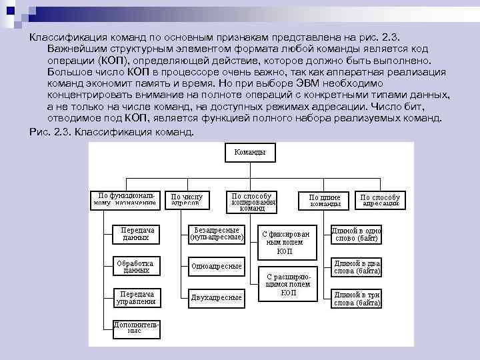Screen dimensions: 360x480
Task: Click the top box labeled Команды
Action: pyautogui.click(x=249, y=152)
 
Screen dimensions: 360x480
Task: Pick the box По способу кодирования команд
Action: pyautogui.click(x=251, y=201)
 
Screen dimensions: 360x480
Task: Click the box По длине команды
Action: pyautogui.click(x=325, y=200)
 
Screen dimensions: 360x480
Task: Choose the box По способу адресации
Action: pyautogui.click(x=380, y=200)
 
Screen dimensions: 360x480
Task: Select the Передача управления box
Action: pyautogui.click(x=136, y=297)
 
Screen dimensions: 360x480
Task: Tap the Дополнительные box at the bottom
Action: pyautogui.click(x=134, y=327)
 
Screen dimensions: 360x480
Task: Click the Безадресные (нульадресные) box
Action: pyautogui.click(x=217, y=233)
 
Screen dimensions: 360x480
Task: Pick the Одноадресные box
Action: pyautogui.click(x=216, y=266)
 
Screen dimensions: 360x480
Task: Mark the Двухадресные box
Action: pyautogui.click(x=216, y=297)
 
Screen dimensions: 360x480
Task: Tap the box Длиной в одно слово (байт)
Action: pyautogui.click(x=357, y=234)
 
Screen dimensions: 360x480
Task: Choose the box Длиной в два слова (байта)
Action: pyautogui.click(x=357, y=267)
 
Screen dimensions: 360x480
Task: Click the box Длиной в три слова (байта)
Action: pyautogui.click(x=357, y=297)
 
